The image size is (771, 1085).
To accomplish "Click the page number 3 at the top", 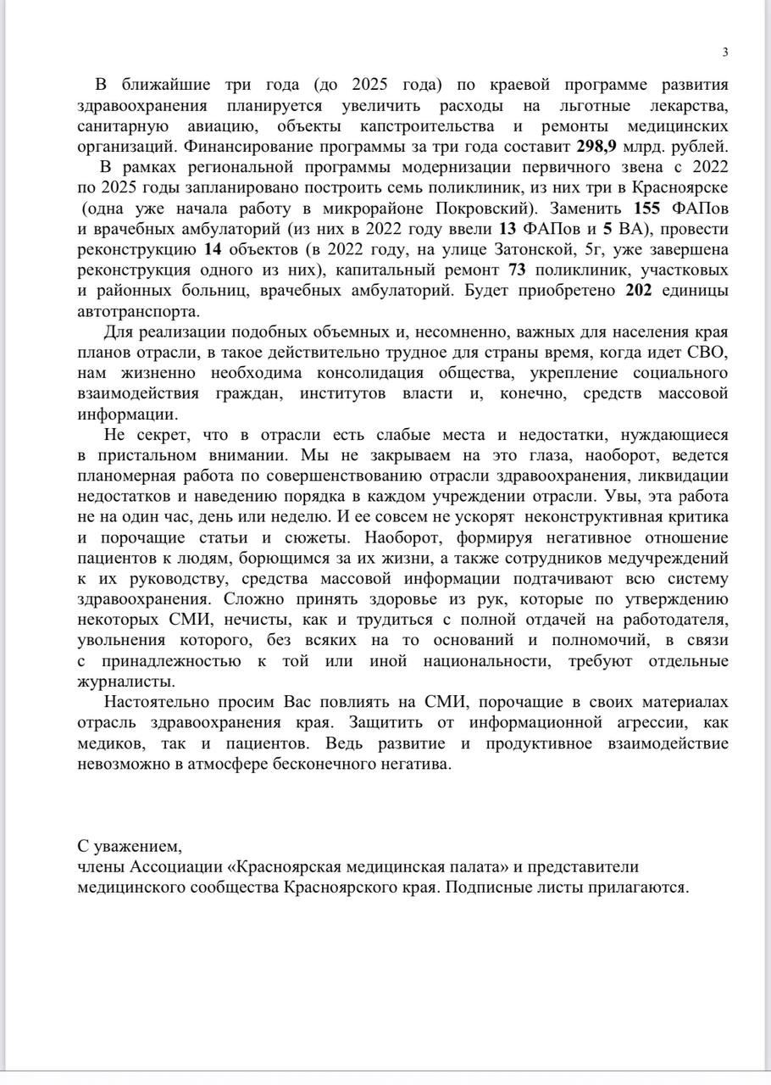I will click(x=725, y=53).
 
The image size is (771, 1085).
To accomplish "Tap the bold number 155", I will click(x=649, y=208).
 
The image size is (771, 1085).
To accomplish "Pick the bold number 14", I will click(x=215, y=249).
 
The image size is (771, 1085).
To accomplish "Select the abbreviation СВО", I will click(x=708, y=353).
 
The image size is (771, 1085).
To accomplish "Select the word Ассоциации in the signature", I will click(x=179, y=867).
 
